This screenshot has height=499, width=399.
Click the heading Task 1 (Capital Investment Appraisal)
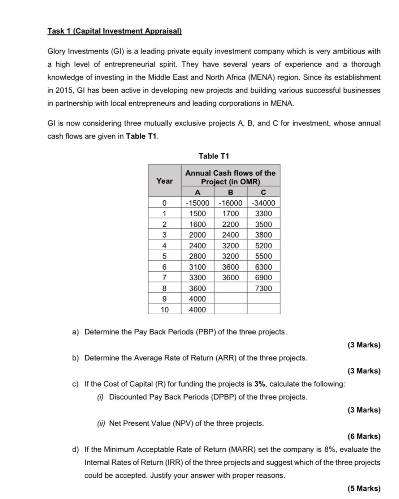point(114,31)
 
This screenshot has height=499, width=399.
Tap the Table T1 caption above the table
point(214,156)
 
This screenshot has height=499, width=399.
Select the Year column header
point(164,181)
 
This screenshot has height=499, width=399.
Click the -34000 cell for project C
point(263,203)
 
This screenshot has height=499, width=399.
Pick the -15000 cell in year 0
point(197,203)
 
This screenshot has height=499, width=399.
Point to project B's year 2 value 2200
point(230,224)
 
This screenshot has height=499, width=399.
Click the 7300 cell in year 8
point(263,288)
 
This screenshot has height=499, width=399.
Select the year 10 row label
point(164,310)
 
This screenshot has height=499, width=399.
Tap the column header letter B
point(230,192)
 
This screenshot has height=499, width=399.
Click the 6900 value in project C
point(263,278)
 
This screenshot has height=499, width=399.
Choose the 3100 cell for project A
point(197,267)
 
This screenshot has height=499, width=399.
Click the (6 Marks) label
point(364,436)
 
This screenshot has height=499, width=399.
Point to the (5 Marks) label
point(364,489)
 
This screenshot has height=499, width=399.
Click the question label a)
point(75,332)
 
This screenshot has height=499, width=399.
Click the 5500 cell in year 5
point(263,256)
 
